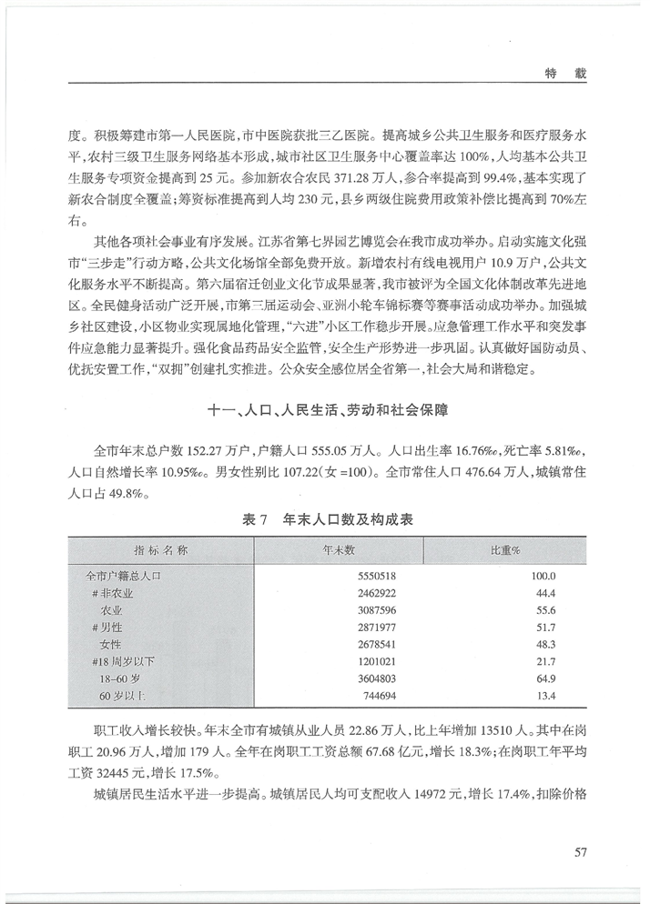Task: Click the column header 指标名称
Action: pos(160,551)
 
